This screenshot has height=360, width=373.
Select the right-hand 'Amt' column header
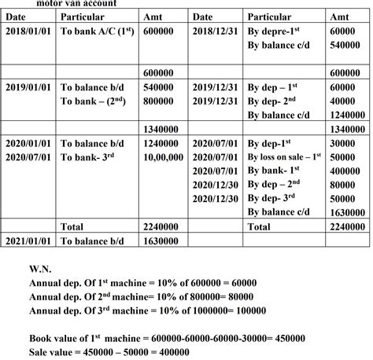pyautogui.click(x=340, y=16)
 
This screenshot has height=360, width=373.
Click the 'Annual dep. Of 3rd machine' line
pyautogui.click(x=147, y=310)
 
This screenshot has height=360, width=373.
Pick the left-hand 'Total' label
pyautogui.click(x=73, y=226)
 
